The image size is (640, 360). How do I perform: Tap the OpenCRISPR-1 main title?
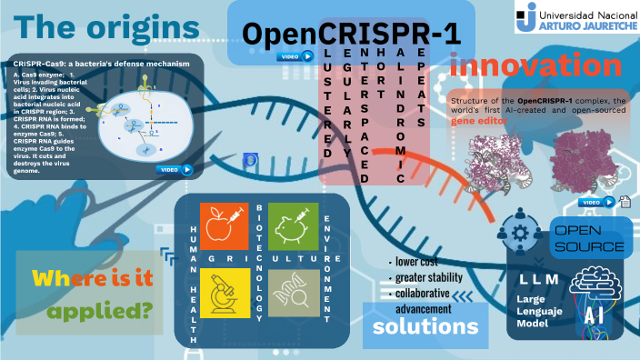pos(351,34)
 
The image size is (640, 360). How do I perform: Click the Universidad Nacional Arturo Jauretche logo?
pos(574,17)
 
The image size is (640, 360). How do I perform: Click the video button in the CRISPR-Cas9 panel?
pos(176,168)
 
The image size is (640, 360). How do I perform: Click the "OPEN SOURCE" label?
pos(589,238)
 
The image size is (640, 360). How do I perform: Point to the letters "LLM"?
pos(539,278)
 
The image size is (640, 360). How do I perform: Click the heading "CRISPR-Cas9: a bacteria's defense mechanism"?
pos(102,64)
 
